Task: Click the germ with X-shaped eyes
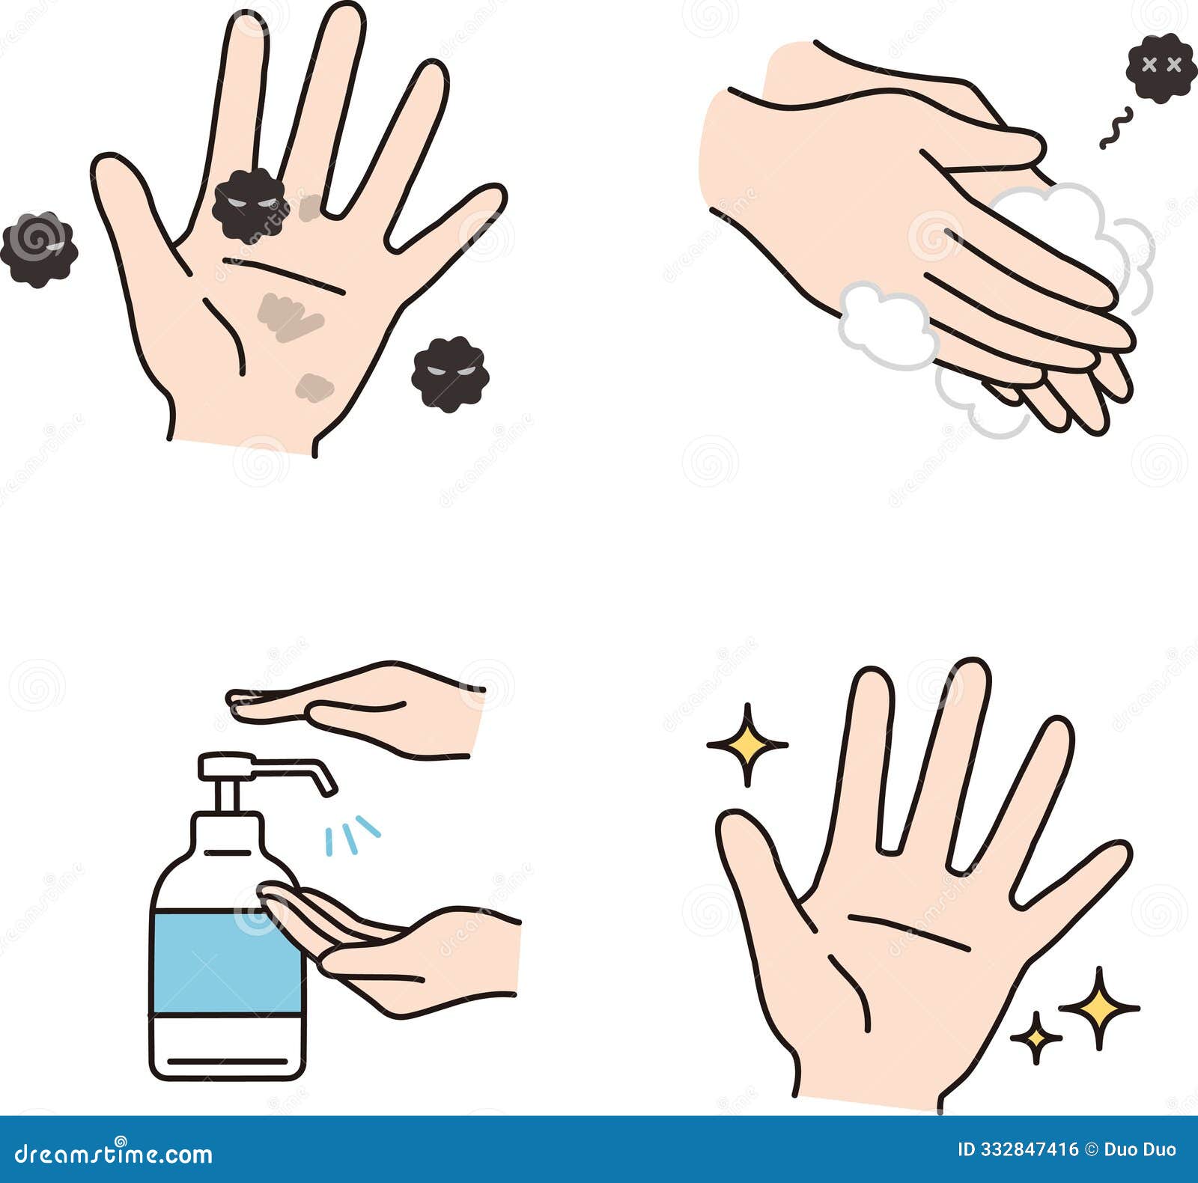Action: pyautogui.click(x=1159, y=67)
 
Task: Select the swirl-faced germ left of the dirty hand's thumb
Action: pyautogui.click(x=39, y=249)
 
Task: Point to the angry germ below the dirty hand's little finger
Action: pyautogui.click(x=450, y=374)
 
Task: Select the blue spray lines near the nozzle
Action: pyautogui.click(x=352, y=834)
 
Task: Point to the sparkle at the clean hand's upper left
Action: pyautogui.click(x=747, y=745)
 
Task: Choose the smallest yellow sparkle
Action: pyautogui.click(x=1036, y=1037)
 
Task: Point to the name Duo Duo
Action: pyautogui.click(x=1140, y=1149)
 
